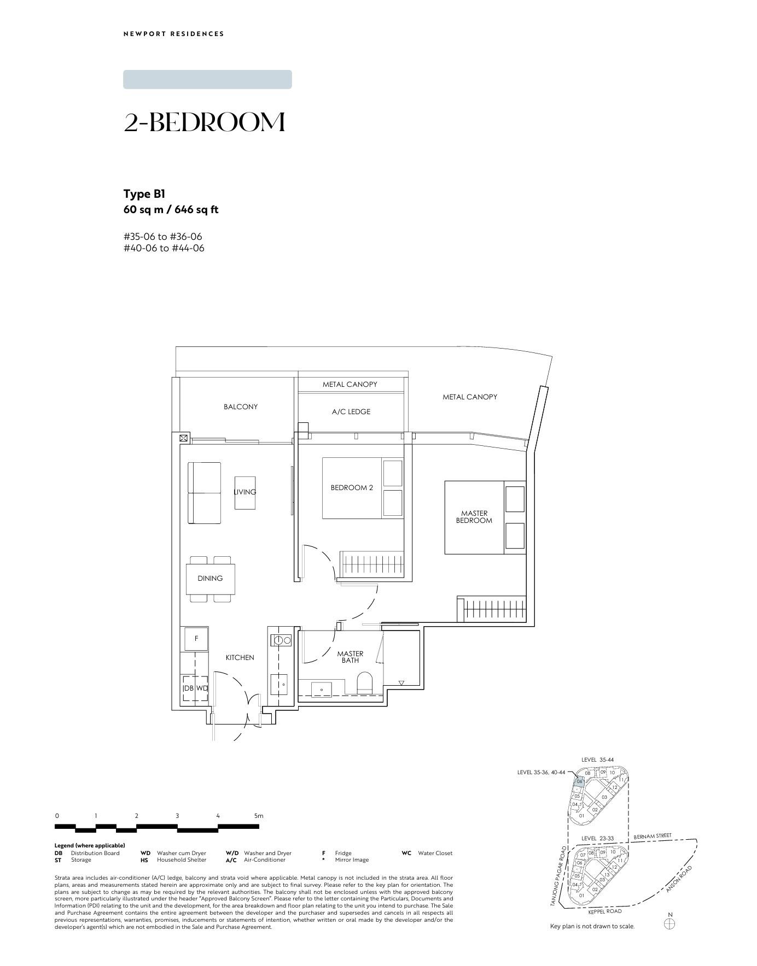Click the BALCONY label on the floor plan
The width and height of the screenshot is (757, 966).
(x=240, y=407)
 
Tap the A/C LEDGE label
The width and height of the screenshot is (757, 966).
(x=351, y=411)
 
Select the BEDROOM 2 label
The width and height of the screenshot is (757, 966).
(x=352, y=487)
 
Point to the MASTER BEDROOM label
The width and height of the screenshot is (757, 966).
(x=474, y=517)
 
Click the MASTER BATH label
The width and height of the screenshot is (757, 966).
(x=350, y=657)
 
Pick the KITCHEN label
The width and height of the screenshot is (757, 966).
(x=240, y=657)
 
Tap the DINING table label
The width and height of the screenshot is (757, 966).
(x=210, y=578)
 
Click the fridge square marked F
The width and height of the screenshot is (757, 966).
(x=196, y=639)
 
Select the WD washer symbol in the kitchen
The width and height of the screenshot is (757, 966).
(x=202, y=688)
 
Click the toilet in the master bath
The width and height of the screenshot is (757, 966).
(x=364, y=684)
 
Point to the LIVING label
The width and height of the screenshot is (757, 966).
(x=244, y=492)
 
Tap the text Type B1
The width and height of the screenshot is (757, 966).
(x=144, y=194)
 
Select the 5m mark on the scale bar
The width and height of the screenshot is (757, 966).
(x=259, y=816)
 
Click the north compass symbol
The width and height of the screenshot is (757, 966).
(x=669, y=924)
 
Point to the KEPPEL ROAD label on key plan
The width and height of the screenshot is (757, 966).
(x=605, y=911)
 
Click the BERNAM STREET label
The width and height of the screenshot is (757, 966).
(x=653, y=837)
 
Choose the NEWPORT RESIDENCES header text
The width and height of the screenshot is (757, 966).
(x=174, y=34)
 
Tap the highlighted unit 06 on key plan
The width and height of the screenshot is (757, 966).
(x=580, y=781)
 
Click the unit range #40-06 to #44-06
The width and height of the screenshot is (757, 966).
(x=164, y=248)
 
